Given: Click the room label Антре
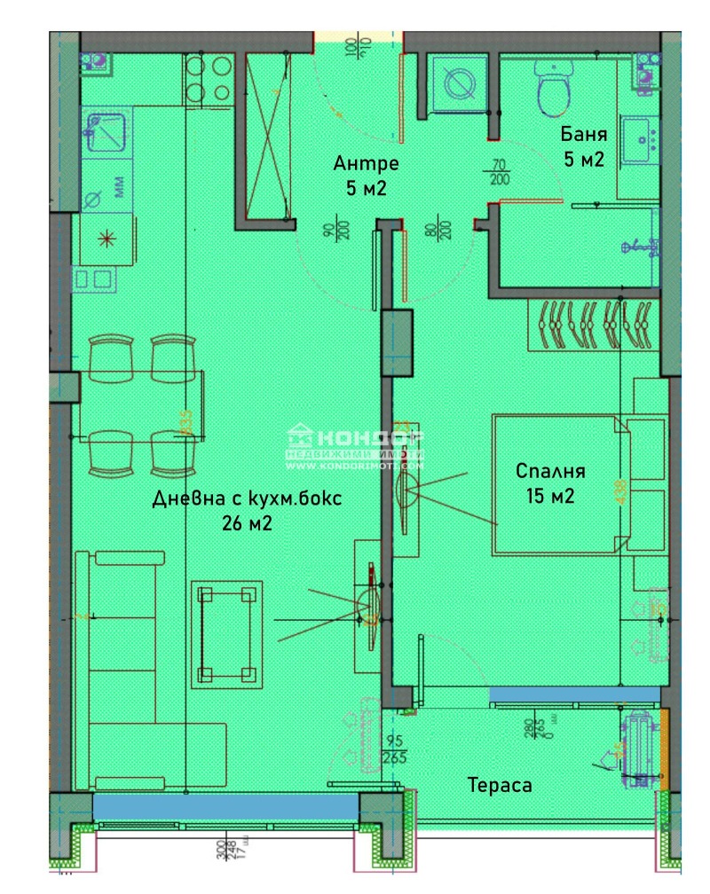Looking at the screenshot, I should click(366, 164).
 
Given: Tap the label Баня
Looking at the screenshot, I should click(584, 135).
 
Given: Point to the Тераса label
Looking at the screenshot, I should click(500, 786).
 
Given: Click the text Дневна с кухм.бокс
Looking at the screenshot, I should click(247, 498).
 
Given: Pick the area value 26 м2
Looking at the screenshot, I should click(247, 524).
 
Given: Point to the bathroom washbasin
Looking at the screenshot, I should click(640, 140).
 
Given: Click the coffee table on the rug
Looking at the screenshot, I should click(226, 633).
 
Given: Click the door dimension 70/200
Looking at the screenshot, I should click(500, 170).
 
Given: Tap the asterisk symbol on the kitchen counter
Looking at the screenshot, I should click(106, 238).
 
